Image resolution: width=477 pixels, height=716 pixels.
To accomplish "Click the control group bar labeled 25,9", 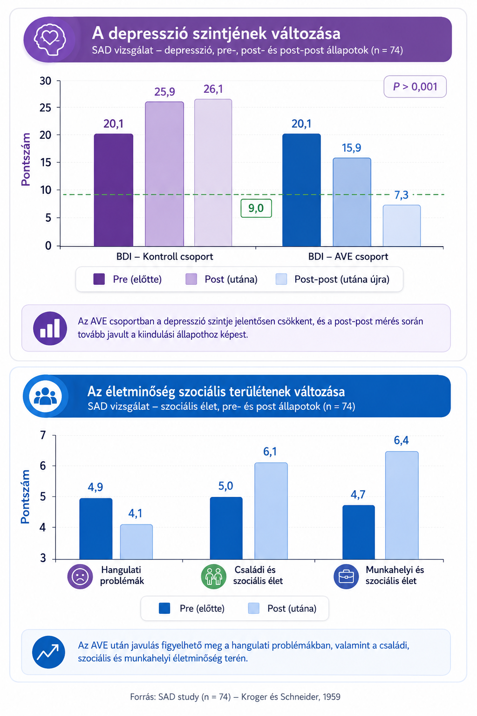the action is point(164,174).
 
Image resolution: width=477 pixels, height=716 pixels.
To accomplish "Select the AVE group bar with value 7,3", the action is point(402,226).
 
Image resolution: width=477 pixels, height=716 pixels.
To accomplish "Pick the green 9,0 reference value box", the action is point(256,208).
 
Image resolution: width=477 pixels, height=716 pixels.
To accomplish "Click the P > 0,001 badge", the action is point(415,87).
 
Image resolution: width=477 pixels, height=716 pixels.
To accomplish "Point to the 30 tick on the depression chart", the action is point(45,81).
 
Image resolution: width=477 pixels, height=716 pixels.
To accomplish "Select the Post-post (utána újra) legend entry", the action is point(333,279).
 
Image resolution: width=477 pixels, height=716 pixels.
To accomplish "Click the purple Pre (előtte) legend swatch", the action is point(99,279).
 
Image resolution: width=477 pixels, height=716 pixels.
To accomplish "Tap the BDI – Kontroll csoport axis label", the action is point(164,257).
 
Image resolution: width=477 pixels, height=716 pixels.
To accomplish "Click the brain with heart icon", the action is point(50,40).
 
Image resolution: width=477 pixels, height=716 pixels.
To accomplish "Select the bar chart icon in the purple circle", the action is point(50,328).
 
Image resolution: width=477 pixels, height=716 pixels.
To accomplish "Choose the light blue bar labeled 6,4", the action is point(402,505).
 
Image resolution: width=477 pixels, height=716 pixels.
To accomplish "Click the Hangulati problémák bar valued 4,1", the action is point(136,542).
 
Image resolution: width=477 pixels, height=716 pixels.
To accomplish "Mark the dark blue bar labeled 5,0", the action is point(226,528).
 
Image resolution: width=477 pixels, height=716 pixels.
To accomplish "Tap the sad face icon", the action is point(80,576).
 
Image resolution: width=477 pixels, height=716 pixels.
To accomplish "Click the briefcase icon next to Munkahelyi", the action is point(346,576).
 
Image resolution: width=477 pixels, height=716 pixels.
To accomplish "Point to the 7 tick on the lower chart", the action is point(43,435).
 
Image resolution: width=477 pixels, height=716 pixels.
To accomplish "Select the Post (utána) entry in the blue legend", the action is point(282,608).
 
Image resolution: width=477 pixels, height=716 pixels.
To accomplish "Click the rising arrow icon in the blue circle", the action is point(48,652).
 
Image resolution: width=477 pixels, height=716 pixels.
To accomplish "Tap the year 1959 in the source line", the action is point(331,697).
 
